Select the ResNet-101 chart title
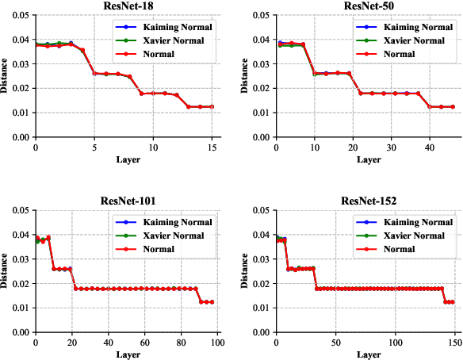click(x=127, y=201)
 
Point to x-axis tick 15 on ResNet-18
click(x=212, y=147)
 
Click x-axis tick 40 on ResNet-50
click(x=429, y=147)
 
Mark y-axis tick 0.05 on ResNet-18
click(x=17, y=14)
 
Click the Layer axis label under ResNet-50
click(x=366, y=158)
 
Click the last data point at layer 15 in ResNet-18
click(x=212, y=106)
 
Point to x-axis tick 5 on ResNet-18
click(x=94, y=147)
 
